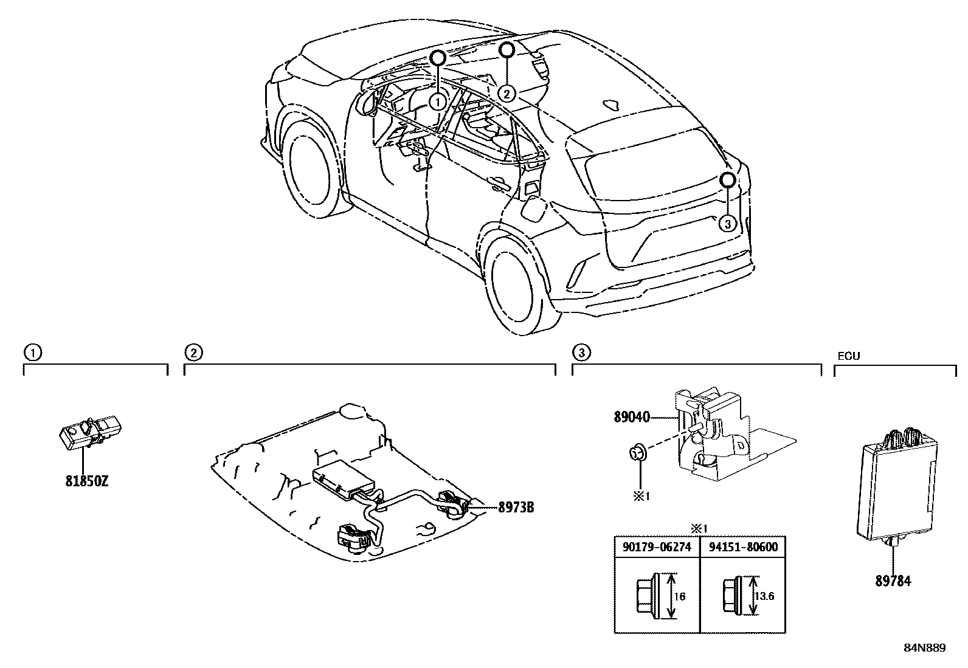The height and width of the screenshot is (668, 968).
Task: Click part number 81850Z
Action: [87, 481]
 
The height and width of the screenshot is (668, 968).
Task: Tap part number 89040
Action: [632, 417]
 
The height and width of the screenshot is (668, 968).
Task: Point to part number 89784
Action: [893, 580]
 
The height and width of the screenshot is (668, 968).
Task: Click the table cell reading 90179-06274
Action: [657, 546]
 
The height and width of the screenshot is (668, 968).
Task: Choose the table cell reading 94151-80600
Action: [743, 546]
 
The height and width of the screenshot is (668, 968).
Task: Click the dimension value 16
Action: [680, 596]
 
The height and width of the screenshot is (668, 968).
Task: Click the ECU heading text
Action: [848, 356]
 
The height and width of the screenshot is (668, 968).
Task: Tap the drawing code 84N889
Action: [924, 648]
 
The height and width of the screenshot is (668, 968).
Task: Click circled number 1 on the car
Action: [437, 102]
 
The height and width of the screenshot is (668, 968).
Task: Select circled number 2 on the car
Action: [506, 93]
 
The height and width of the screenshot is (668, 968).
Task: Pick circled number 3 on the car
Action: [727, 224]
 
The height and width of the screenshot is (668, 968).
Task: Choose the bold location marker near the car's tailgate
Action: [728, 180]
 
